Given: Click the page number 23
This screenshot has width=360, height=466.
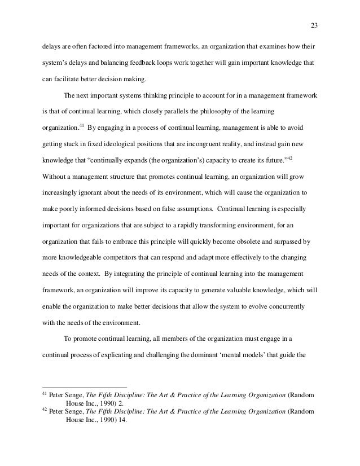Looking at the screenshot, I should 314,24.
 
